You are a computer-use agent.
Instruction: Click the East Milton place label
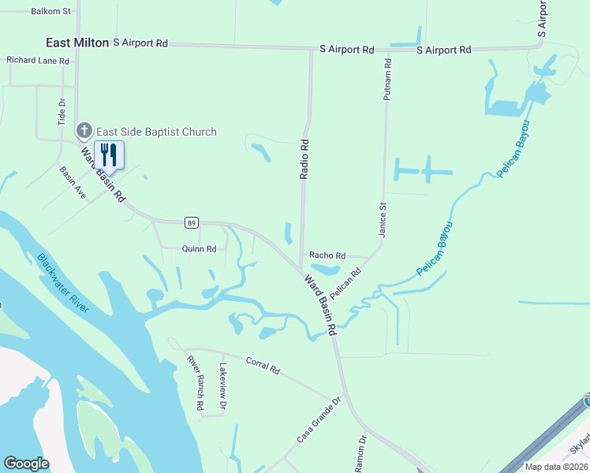[77, 43]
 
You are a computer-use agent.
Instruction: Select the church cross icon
[84, 131]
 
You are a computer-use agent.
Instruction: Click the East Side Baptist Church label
[156, 132]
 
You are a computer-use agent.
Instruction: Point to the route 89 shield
[192, 223]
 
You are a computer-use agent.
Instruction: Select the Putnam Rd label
[386, 80]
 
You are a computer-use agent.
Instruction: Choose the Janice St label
[383, 220]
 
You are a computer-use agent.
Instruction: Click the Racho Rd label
[327, 255]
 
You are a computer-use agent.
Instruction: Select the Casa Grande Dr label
[318, 421]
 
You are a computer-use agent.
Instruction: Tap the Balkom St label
[50, 12]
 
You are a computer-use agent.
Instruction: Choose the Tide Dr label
[62, 113]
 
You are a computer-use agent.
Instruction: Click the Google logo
[26, 464]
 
